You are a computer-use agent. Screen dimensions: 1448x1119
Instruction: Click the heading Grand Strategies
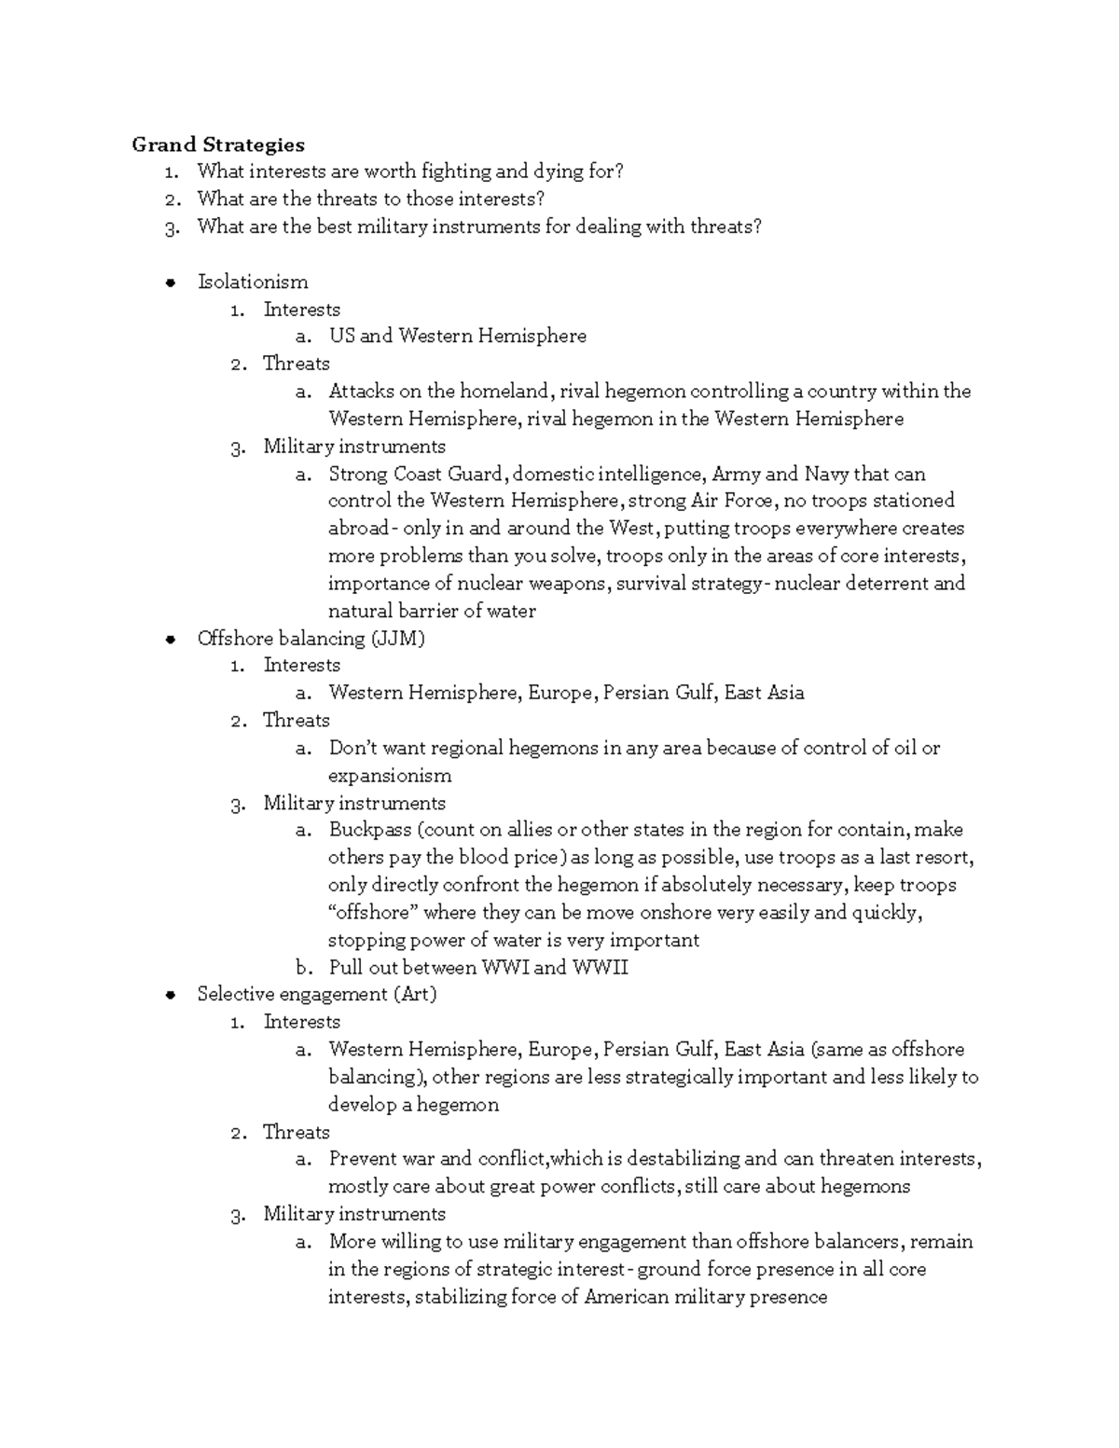click(x=218, y=145)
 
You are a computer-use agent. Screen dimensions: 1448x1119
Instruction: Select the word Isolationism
click(x=253, y=282)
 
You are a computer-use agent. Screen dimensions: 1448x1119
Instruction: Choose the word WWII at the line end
click(x=600, y=967)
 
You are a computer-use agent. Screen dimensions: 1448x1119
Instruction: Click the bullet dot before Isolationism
click(x=170, y=283)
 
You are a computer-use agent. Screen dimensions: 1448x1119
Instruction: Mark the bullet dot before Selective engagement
click(x=170, y=995)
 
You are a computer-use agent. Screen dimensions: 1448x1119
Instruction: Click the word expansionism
click(x=390, y=776)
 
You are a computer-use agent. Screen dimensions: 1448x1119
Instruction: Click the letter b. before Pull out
click(x=302, y=968)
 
